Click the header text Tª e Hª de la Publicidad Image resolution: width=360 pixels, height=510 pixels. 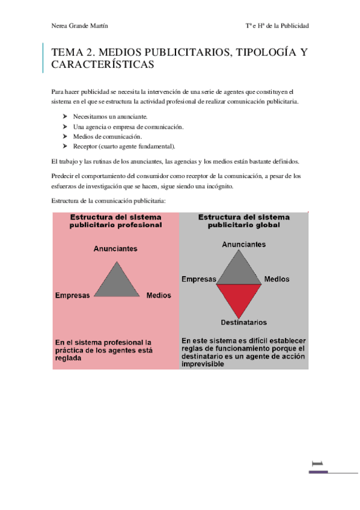pyautogui.click(x=277, y=26)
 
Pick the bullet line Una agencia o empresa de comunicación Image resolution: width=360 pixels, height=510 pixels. pyautogui.click(x=128, y=126)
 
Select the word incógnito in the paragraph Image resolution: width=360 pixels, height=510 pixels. pyautogui.click(x=216, y=186)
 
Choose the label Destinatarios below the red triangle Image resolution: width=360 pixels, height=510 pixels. pyautogui.click(x=243, y=322)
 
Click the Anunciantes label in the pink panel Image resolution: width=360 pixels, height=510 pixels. pyautogui.click(x=115, y=248)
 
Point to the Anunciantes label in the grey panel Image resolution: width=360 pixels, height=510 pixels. pyautogui.click(x=244, y=245)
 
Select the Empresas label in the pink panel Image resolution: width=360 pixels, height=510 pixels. pyautogui.click(x=72, y=295)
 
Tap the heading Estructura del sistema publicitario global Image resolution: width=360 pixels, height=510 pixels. pyautogui.click(x=243, y=221)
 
